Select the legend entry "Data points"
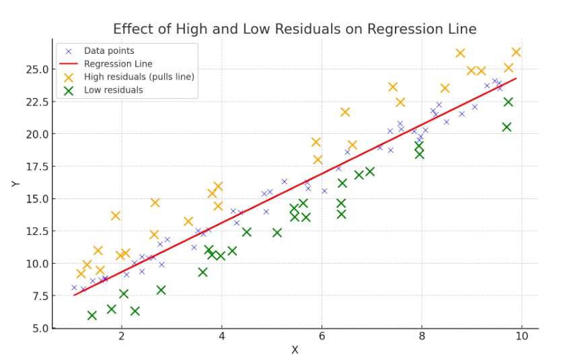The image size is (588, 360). tap(108, 50)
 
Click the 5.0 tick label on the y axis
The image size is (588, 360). tap(38, 328)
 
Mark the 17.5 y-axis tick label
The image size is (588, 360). tap(35, 166)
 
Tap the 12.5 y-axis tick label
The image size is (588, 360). tap(35, 231)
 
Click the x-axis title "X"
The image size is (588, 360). tap(295, 350)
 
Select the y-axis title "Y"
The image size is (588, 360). tap(15, 183)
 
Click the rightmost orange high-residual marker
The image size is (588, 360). tap(516, 52)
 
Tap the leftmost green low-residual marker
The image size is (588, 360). tap(92, 315)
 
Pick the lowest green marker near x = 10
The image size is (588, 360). tap(507, 127)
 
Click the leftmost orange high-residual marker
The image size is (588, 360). tap(81, 273)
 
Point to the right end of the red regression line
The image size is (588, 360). tap(516, 79)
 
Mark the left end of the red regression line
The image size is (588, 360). tap(74, 295)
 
